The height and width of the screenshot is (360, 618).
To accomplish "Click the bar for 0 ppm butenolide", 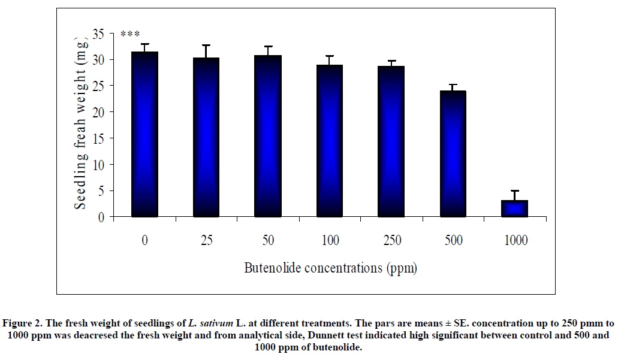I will [144, 134].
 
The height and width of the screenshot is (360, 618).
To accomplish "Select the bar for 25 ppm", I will [206, 137].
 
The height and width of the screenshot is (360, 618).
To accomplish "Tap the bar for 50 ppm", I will [268, 136].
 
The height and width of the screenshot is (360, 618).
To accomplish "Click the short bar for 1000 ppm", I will [515, 208].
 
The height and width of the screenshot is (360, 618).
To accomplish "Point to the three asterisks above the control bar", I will [130, 35].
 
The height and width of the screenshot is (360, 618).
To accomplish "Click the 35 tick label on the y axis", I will [98, 34].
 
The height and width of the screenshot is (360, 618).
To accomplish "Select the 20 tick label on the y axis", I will [98, 112].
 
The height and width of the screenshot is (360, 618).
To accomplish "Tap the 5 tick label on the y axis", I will [101, 190].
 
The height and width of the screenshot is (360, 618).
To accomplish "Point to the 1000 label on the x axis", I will [515, 241].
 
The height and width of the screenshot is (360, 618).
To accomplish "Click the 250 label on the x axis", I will [391, 241].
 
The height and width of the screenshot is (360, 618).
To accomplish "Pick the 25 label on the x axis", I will [206, 241].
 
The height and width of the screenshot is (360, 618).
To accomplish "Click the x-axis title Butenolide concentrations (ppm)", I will [330, 268].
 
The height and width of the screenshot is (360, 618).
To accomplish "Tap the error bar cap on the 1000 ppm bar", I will [515, 190].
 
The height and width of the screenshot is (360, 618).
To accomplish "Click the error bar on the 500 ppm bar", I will [454, 87].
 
